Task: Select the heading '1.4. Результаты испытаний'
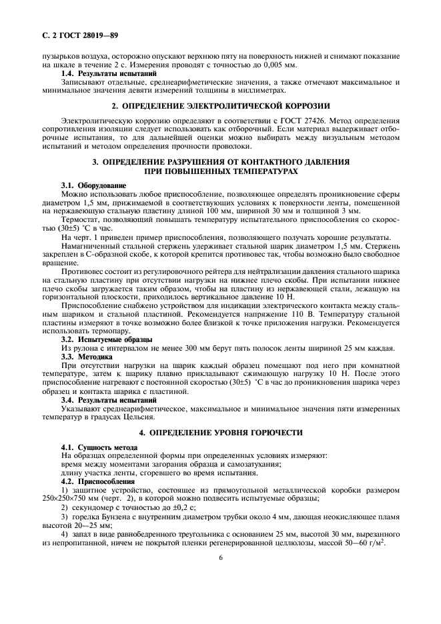(109, 74)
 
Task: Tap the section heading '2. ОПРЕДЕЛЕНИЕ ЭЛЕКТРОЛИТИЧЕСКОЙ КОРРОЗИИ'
(221, 107)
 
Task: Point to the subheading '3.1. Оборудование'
(93, 185)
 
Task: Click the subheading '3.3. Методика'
(87, 357)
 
